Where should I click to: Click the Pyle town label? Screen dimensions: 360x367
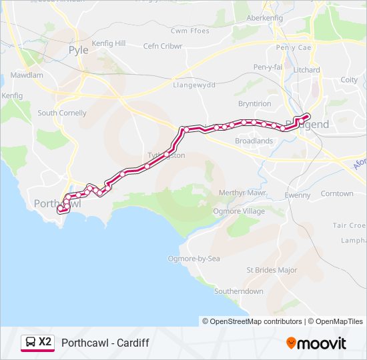coord(78,50)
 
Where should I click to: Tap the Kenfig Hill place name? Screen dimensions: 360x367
coord(108,43)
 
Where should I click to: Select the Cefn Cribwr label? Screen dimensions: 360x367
coord(163,46)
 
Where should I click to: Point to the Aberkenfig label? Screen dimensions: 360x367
coord(264,18)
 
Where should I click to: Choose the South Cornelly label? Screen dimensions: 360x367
coord(62,113)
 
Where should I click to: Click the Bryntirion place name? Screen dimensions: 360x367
coord(254,104)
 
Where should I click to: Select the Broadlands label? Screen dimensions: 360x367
coord(254,141)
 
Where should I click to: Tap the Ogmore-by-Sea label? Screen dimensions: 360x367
coord(194,258)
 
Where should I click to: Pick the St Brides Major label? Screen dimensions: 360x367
coord(272,270)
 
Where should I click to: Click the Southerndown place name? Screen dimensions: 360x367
coord(238,291)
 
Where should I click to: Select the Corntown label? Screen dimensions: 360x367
coord(337,194)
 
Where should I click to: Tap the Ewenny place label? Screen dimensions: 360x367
coord(298,195)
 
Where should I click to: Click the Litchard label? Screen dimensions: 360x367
coord(306,70)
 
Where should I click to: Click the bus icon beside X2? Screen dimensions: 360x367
coord(30,343)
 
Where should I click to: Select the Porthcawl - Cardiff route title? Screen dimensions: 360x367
coord(105,343)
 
